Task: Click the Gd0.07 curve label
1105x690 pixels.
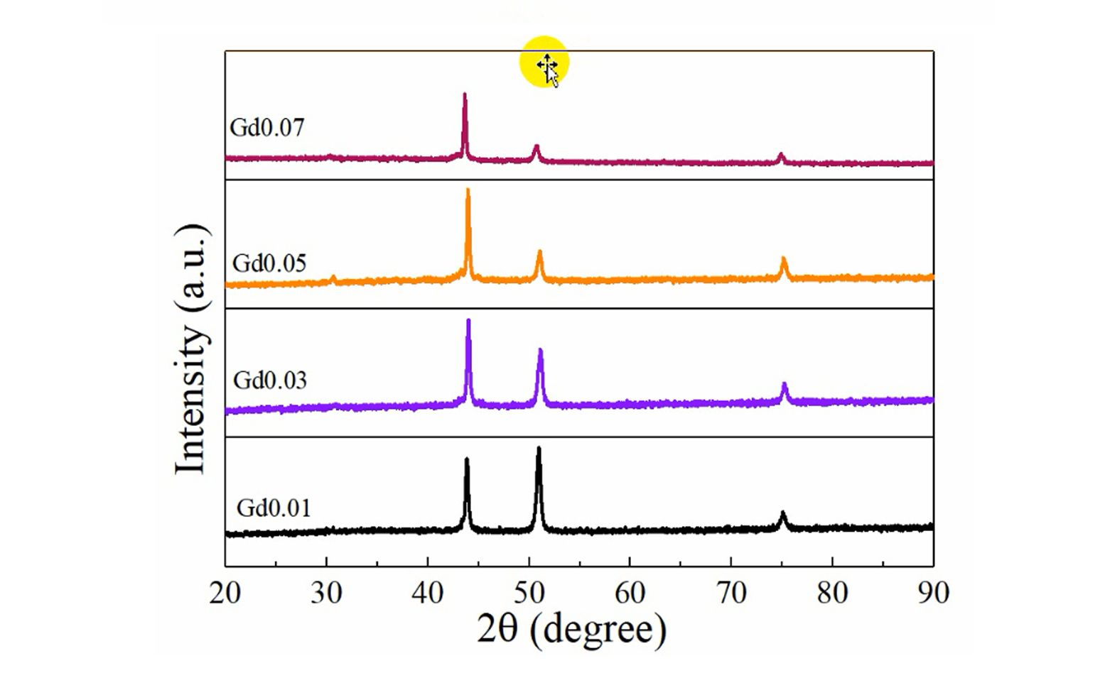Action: point(267,128)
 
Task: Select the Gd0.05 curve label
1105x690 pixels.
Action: point(269,263)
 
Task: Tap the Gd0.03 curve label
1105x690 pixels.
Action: point(270,380)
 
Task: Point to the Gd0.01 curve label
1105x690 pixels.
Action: point(274,508)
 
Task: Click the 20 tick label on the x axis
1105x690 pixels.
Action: point(225,592)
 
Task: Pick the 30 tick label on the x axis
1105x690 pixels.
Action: point(326,592)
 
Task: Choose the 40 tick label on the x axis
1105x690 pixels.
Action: point(428,592)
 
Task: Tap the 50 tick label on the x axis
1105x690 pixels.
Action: point(529,592)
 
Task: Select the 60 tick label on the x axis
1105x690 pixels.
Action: point(630,592)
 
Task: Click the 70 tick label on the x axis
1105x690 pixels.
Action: point(731,592)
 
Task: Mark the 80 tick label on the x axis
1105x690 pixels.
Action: point(832,592)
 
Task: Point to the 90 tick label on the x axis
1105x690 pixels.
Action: point(933,592)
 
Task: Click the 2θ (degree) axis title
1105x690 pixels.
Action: point(572,629)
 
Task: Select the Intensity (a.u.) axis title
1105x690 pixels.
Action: point(192,349)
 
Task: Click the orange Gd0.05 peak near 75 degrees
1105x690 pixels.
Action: point(784,260)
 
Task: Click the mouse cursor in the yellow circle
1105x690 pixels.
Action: point(548,68)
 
